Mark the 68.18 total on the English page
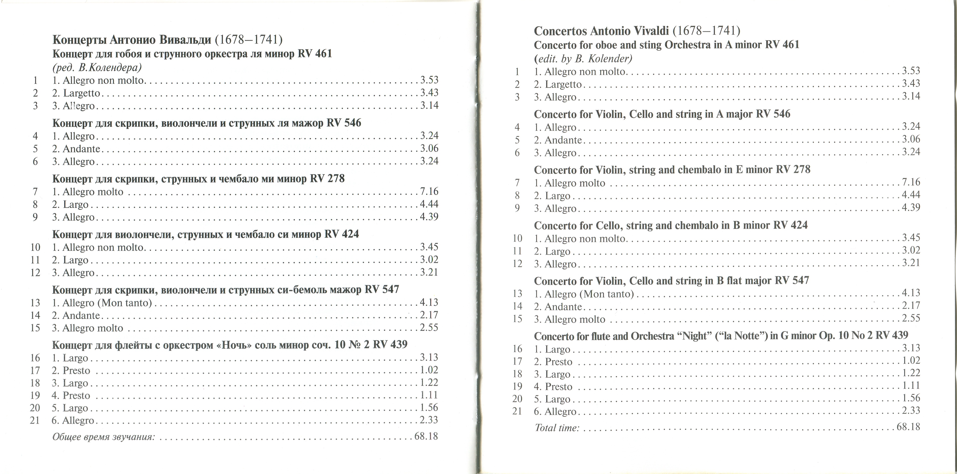point(908,427)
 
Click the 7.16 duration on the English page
point(911,182)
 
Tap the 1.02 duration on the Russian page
point(429,370)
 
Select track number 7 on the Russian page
point(35,192)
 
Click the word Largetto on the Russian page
point(81,93)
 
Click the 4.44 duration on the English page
point(911,195)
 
